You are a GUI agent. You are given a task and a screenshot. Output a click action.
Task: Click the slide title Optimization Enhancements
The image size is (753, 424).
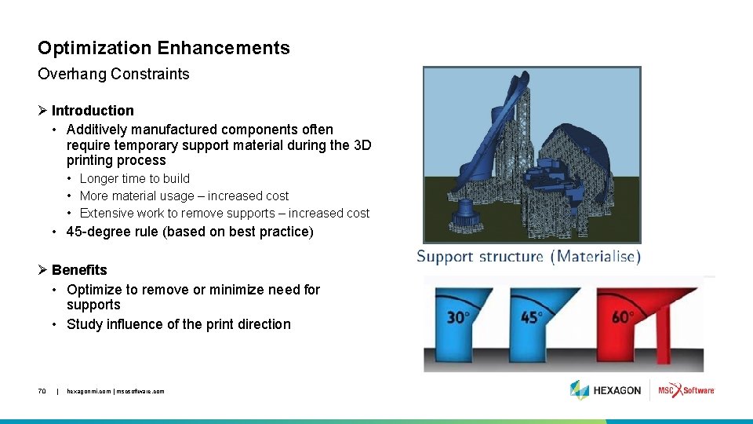coord(163,48)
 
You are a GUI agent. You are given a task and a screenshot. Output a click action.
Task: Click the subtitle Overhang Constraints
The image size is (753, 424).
coord(114,74)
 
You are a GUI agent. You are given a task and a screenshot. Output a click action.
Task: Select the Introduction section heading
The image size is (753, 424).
coord(93,111)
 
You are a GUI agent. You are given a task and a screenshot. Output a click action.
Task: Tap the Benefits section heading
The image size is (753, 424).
coord(79,270)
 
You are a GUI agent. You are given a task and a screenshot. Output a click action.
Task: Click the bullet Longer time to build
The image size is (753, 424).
coord(134,179)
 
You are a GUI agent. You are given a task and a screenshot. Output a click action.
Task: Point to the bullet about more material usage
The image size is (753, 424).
coord(184,196)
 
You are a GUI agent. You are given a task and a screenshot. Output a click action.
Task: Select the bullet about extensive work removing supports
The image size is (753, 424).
coord(224,214)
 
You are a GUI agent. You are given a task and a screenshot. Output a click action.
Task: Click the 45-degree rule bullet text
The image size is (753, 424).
coord(189,232)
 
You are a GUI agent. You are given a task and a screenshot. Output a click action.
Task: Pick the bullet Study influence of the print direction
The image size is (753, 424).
coord(178,324)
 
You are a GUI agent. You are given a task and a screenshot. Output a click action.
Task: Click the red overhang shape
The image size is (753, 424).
coord(663,322)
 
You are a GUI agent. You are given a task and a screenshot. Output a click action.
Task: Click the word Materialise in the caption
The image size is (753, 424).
coord(596,257)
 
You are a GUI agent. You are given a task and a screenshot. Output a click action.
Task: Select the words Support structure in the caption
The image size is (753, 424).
coord(480,257)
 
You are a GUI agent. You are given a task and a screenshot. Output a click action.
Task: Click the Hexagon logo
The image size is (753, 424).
coord(606,390)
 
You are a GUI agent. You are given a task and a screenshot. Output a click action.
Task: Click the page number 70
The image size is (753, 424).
coord(42,391)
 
